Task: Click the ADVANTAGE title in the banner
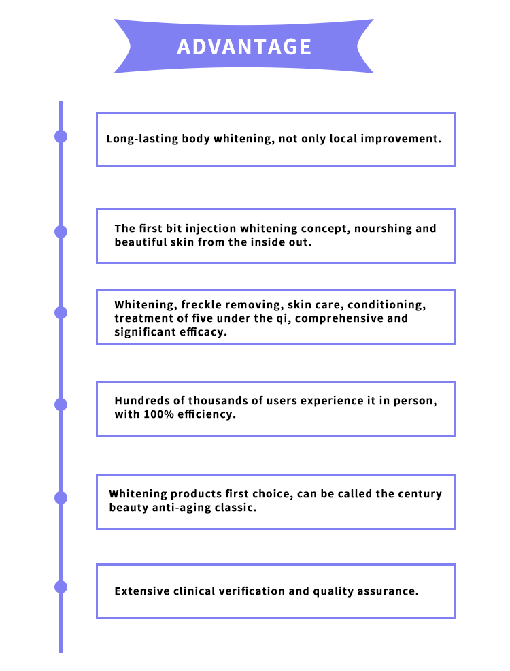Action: [244, 47]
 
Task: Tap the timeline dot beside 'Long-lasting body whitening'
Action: [61, 137]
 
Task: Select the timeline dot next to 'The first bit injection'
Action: [61, 231]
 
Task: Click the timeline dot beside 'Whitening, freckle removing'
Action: [61, 313]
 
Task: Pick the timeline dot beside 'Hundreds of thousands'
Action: [61, 404]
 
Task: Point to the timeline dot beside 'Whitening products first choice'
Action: [61, 497]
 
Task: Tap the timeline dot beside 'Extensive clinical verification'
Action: [61, 587]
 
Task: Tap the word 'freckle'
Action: [201, 305]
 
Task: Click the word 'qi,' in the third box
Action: [282, 318]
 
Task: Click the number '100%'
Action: [158, 414]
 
